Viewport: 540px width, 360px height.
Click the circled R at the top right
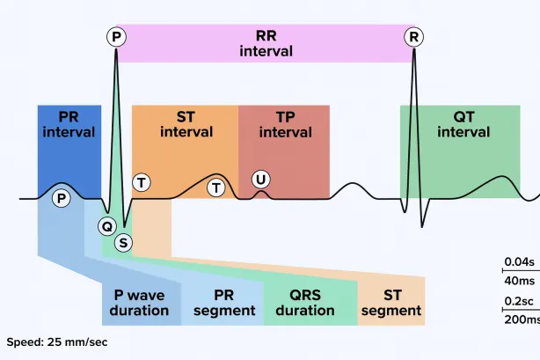[x=413, y=36]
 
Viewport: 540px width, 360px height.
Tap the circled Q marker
[x=107, y=225]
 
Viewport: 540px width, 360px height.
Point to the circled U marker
[x=260, y=180]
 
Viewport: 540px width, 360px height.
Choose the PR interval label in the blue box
[x=69, y=124]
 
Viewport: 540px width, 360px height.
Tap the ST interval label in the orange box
[x=185, y=124]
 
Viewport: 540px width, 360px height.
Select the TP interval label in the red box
[x=284, y=124]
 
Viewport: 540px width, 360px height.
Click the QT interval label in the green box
[x=463, y=124]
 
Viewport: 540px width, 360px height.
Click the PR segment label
[x=223, y=301]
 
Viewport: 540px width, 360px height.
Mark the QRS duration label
[x=305, y=301]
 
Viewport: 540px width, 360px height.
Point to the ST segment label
[x=391, y=301]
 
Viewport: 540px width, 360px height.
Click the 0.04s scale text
[x=519, y=261]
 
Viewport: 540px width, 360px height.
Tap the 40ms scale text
[x=520, y=280]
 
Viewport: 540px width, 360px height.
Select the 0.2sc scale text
[x=519, y=300]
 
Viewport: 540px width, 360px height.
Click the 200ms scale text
[x=522, y=320]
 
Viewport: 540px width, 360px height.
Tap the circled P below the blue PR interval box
[x=61, y=198]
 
